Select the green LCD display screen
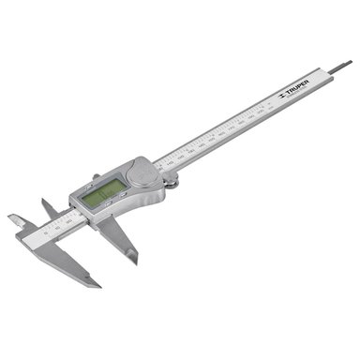click(103, 191)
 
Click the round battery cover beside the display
click(140, 173)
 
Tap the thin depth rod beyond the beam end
click(338, 67)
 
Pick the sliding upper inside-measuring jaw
click(46, 205)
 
